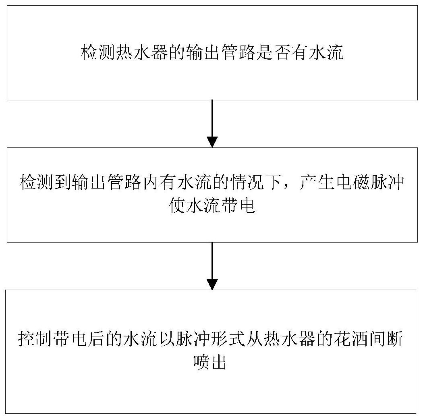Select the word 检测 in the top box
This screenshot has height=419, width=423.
tap(98, 52)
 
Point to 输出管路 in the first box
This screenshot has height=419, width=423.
tap(220, 52)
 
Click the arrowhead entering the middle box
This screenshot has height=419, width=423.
tap(212, 142)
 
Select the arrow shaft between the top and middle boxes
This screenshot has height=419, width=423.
tap(212, 118)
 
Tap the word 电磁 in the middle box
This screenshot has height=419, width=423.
tap(353, 183)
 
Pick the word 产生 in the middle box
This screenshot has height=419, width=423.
tap(317, 183)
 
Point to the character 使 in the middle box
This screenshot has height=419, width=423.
tap(177, 206)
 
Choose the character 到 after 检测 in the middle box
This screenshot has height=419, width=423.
tap(63, 183)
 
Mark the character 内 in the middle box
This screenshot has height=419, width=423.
tap(151, 183)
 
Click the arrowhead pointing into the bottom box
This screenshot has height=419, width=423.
tap(212, 284)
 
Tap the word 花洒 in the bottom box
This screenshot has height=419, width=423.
tap(351, 338)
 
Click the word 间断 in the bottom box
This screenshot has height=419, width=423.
tap(386, 338)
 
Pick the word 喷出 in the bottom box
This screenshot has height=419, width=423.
tap(210, 362)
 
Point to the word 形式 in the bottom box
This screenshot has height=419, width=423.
tap(228, 338)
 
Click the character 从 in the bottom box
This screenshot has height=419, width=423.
tap(255, 338)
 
